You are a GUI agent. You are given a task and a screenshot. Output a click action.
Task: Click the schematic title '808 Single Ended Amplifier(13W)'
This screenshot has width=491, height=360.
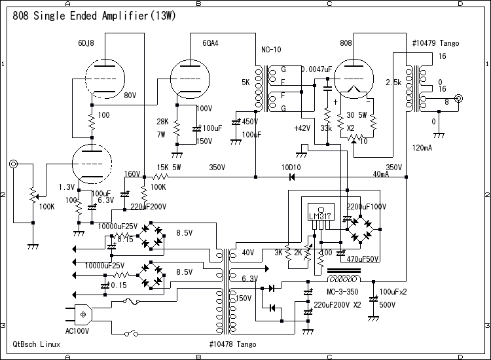[x=94, y=14]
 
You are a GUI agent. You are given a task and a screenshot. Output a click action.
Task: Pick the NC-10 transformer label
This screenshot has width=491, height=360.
[x=271, y=50]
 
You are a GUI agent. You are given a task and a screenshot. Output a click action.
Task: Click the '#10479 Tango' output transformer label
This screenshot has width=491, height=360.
[x=435, y=43]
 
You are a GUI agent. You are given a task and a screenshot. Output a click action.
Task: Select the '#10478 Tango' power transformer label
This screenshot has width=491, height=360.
[x=232, y=344]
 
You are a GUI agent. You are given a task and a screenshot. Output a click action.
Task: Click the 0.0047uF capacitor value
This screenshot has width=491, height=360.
[x=316, y=69]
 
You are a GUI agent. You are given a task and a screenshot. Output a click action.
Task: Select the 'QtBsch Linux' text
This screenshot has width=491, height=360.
[x=37, y=344]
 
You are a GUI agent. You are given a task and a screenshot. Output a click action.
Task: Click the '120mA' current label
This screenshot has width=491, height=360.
[x=423, y=148]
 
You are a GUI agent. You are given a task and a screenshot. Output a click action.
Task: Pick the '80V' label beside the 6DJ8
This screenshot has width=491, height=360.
[x=130, y=95]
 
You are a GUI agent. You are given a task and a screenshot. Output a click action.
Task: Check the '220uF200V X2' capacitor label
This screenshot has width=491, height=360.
[x=338, y=305]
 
